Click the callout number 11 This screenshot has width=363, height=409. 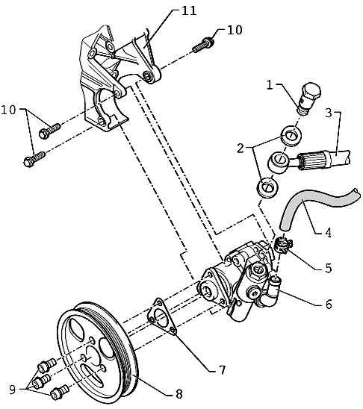(x=189, y=11)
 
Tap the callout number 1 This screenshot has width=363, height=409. (x=270, y=85)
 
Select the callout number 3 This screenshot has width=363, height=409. (x=329, y=113)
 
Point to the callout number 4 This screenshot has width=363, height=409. (x=329, y=232)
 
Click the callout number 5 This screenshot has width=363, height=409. (x=329, y=268)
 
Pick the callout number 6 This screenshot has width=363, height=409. (x=329, y=305)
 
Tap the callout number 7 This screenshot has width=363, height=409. (x=222, y=370)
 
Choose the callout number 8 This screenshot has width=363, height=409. (x=179, y=393)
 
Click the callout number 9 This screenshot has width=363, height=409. (x=12, y=389)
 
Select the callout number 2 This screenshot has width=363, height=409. (x=240, y=148)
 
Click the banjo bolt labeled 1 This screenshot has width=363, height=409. (x=310, y=99)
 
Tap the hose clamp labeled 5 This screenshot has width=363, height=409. (x=282, y=246)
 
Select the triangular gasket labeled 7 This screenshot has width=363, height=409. (x=162, y=316)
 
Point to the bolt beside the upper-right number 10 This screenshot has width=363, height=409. (x=203, y=45)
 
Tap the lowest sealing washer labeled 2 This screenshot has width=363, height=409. (x=267, y=187)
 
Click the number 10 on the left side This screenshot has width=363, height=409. (x=8, y=110)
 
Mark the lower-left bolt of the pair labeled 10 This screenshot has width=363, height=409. (x=34, y=158)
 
